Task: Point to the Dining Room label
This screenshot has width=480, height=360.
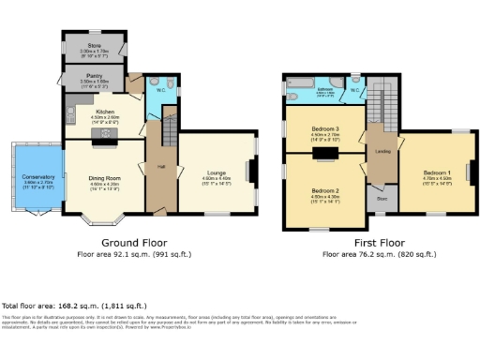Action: click(104, 178)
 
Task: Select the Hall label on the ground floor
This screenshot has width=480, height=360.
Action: click(160, 168)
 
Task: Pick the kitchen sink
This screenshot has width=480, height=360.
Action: click(69, 113)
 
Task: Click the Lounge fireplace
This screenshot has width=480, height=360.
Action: click(249, 172)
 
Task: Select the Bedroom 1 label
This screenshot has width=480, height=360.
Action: click(437, 173)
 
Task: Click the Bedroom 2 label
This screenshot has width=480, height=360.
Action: click(325, 190)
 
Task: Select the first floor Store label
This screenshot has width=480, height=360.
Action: click(382, 198)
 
